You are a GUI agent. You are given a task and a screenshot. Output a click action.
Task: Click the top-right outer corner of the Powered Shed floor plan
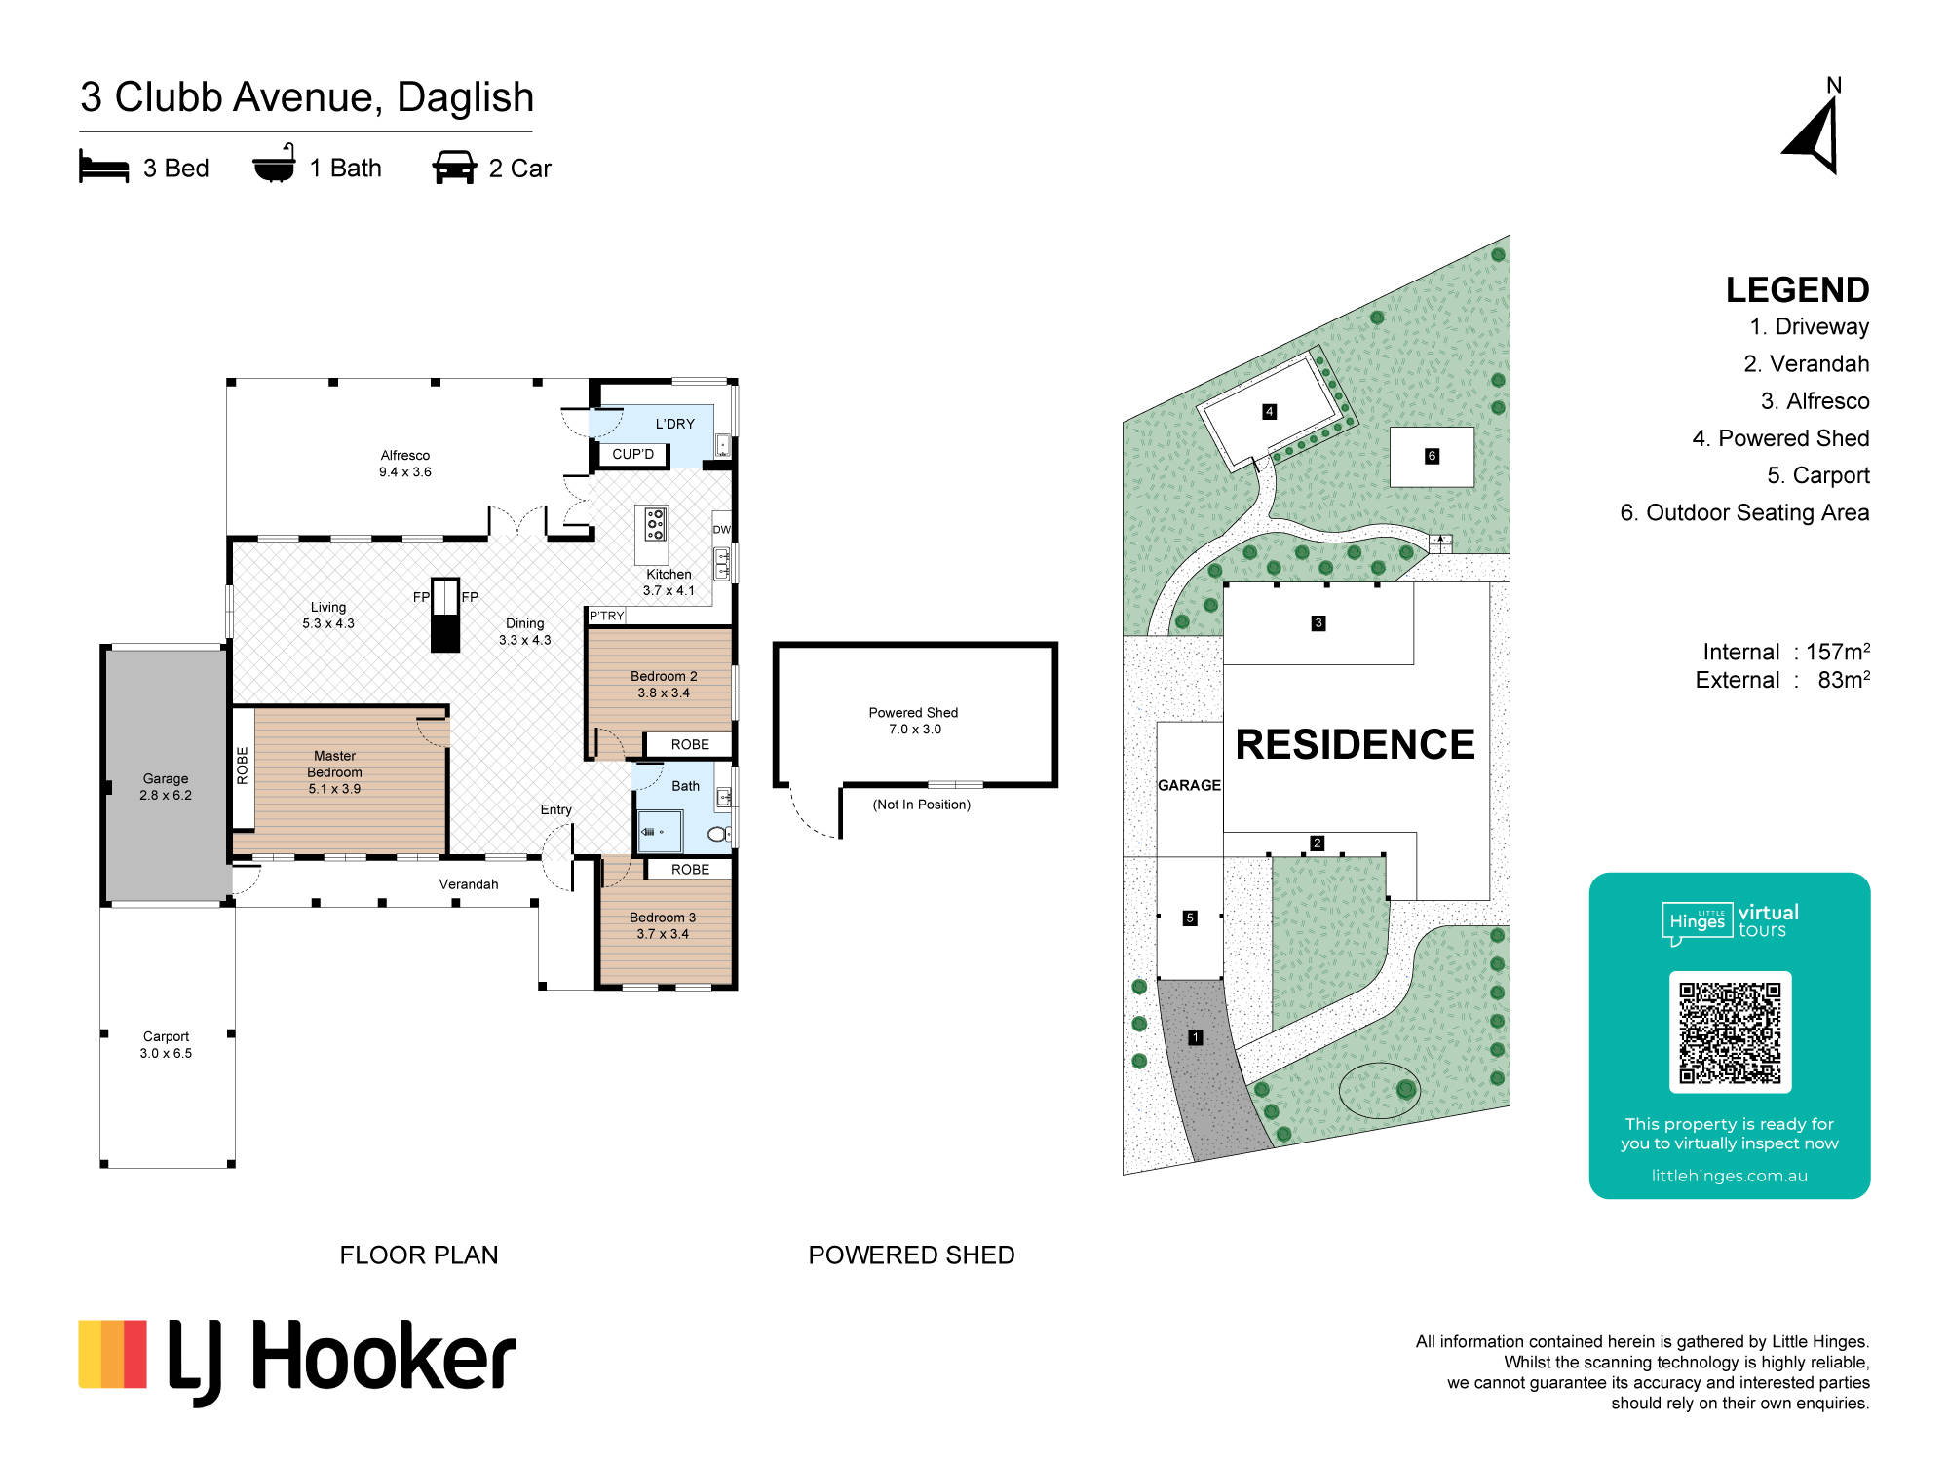pos(1057,643)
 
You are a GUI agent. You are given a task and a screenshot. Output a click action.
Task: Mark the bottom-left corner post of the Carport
pos(104,1164)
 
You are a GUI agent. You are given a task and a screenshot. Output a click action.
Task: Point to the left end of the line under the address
pos(80,131)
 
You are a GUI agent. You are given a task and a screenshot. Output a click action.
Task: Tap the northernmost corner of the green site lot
pos(1510,236)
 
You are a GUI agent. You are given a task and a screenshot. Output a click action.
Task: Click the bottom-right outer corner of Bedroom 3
pos(737,990)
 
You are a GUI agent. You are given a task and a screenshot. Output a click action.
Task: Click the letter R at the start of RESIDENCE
pos(1251,745)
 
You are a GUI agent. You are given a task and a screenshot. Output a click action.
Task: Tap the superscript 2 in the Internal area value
pos(1866,645)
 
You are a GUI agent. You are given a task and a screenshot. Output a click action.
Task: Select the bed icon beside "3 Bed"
pos(103,167)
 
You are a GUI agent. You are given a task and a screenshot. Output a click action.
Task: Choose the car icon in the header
pos(454,168)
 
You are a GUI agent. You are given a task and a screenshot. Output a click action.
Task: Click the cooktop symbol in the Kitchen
pos(656,524)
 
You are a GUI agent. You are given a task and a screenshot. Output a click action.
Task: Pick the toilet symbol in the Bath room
pos(718,834)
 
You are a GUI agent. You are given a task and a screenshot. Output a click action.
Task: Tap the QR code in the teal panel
pos(1730,1032)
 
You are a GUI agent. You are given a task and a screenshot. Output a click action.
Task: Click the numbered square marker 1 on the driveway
pos(1196,1038)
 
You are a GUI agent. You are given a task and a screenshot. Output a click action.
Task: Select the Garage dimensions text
pos(166,796)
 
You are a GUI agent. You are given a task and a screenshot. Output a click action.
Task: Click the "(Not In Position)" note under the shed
pos(922,805)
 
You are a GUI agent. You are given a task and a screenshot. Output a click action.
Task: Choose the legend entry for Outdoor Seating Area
pos(1744,512)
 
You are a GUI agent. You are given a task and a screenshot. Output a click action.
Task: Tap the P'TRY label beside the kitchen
pos(606,616)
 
